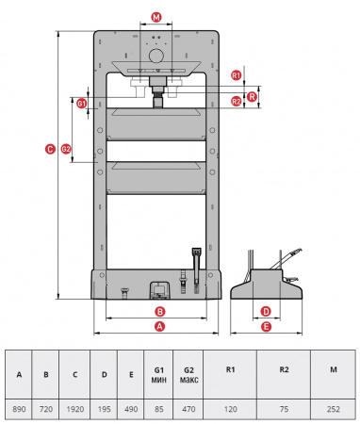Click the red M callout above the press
156,17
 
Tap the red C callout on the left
50,149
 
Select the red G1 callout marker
82,104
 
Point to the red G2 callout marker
66,149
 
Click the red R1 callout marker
237,75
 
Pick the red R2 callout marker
237,102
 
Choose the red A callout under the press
160,326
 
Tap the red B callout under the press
160,312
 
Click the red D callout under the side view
266,312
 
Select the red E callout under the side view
266,327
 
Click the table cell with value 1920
75,409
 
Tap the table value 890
19,409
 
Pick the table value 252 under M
334,409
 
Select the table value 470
188,409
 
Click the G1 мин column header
159,375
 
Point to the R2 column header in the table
284,369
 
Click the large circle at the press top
156,56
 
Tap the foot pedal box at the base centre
160,289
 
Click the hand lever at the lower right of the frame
197,270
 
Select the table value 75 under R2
284,409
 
